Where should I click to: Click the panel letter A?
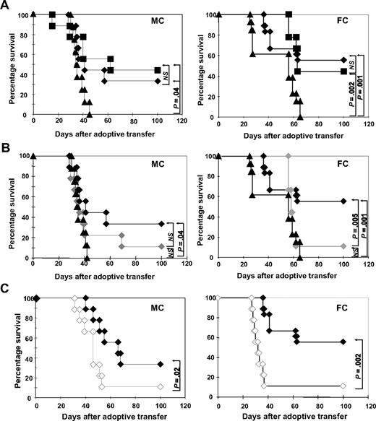click(6, 6)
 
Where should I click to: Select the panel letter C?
click(6, 287)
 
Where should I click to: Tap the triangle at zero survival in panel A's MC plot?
click(90, 114)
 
